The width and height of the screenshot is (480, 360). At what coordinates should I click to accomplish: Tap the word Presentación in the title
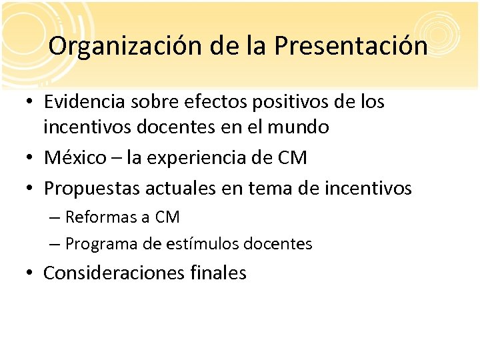[x=351, y=46]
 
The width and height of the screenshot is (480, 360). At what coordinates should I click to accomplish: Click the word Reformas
[x=99, y=217]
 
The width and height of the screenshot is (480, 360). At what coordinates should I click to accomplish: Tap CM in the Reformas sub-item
[x=167, y=217]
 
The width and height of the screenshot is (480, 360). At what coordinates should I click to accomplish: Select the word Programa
[x=103, y=244]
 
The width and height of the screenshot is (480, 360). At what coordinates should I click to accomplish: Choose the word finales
[x=216, y=273]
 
